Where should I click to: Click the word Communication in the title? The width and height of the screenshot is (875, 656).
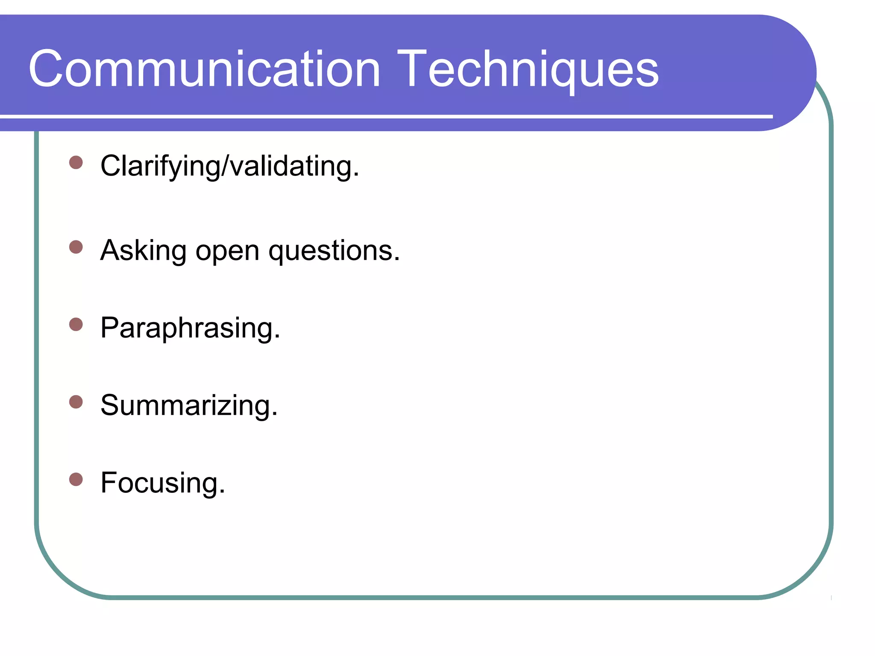(x=204, y=69)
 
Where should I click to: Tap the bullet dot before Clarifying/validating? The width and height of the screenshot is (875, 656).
(x=76, y=163)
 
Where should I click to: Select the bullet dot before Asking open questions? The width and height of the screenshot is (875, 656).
(x=76, y=247)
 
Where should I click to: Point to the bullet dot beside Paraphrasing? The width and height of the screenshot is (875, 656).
(x=76, y=325)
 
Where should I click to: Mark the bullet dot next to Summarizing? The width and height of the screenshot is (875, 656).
(x=76, y=402)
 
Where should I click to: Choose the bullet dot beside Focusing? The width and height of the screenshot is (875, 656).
(x=76, y=479)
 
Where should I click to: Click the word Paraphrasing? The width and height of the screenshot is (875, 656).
(x=187, y=329)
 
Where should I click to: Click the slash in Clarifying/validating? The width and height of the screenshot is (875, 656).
(x=226, y=166)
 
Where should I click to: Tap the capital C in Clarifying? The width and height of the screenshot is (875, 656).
(x=111, y=166)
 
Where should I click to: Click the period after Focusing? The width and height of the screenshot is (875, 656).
(x=222, y=492)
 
